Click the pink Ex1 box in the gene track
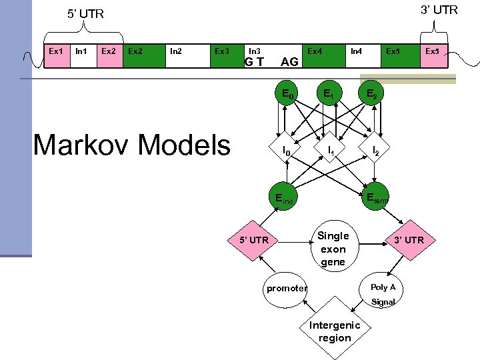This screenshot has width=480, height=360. tap(57, 57)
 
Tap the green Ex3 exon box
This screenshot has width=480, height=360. tap(223, 57)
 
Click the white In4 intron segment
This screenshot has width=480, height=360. tap(357, 57)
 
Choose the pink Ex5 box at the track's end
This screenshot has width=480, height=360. tap(432, 57)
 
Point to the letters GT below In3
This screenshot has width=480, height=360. tap(254, 63)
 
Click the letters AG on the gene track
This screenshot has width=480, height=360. tap(289, 63)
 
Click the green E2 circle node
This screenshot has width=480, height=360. tap(371, 96)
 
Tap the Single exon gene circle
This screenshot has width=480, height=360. tap(333, 248)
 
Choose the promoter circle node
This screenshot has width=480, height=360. tap(287, 288)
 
